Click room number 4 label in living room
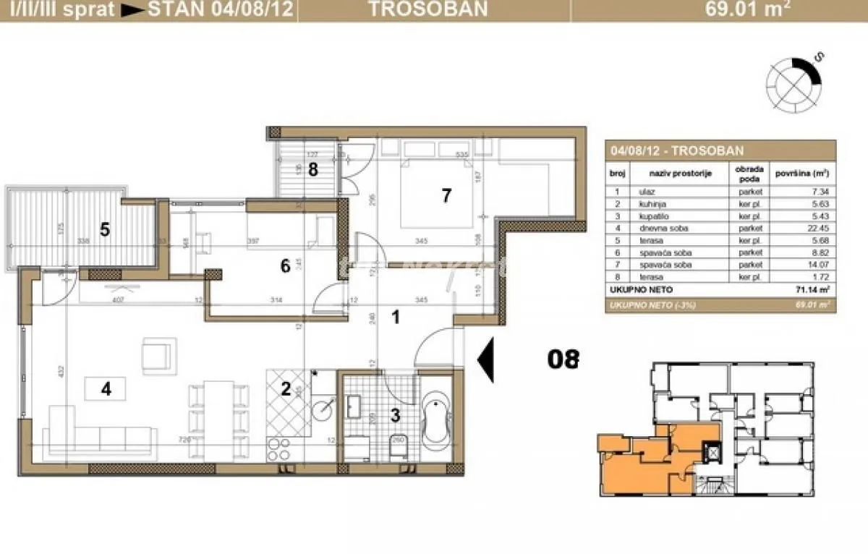pyautogui.click(x=106, y=389)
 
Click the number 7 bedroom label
pyautogui.click(x=446, y=195)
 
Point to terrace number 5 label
pyautogui.click(x=105, y=231)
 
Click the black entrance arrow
pyautogui.click(x=487, y=360)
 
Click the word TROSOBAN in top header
pyautogui.click(x=427, y=9)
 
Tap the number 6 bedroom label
pyautogui.click(x=285, y=266)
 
